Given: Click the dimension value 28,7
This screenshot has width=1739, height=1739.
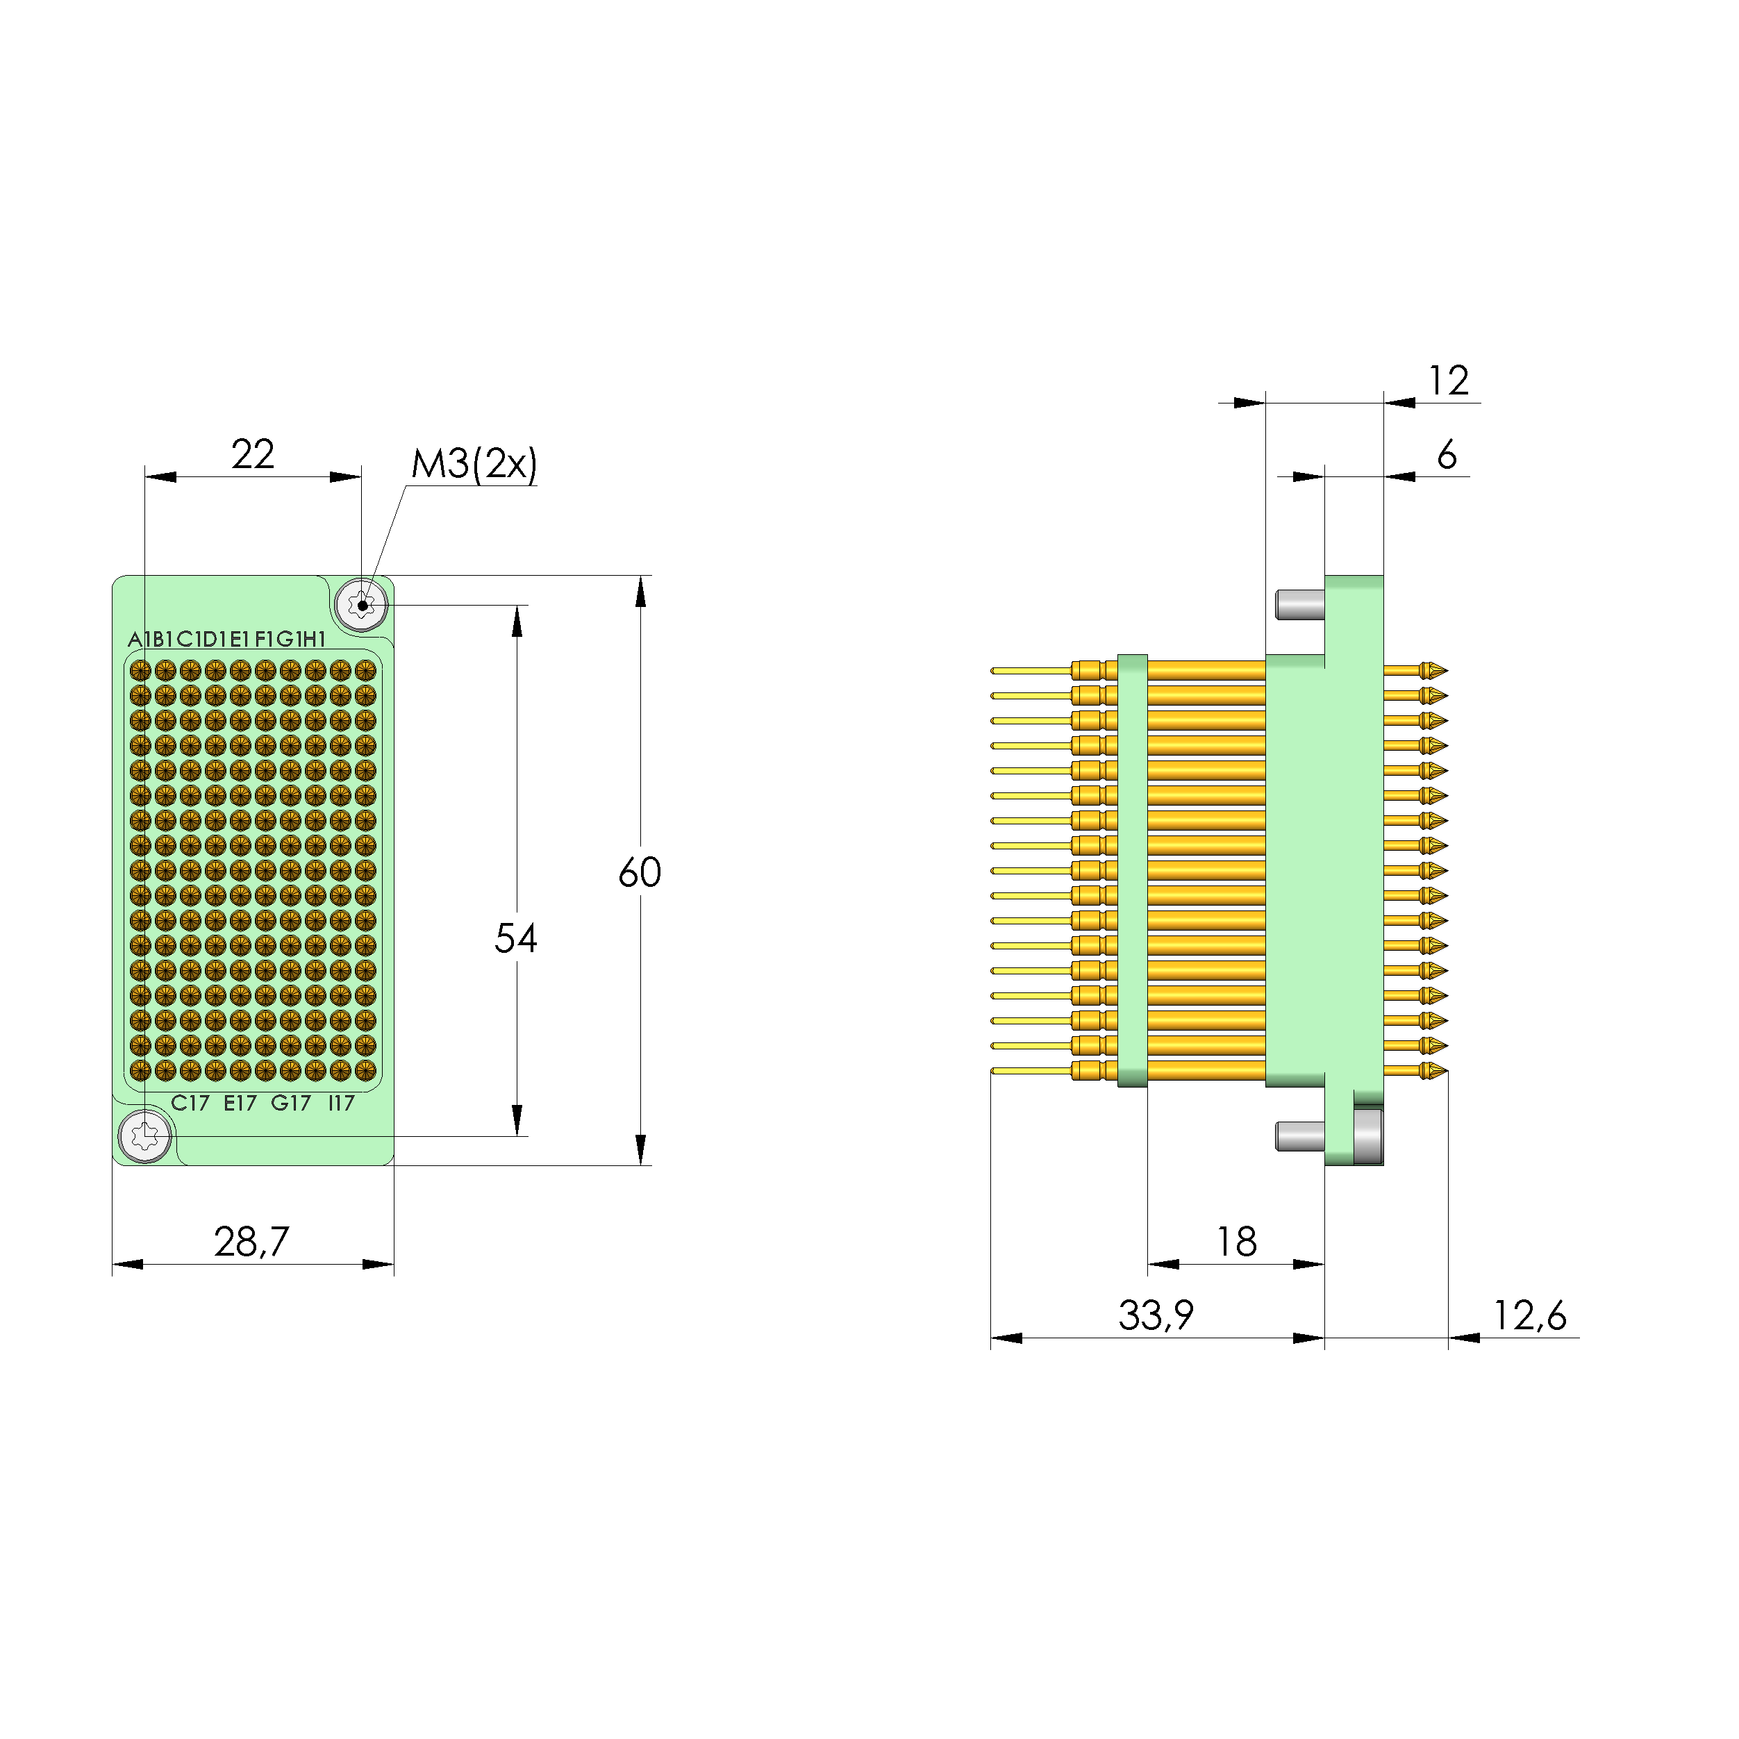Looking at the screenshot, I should coord(251,1242).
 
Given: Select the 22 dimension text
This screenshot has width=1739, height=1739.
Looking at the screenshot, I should coord(252,455).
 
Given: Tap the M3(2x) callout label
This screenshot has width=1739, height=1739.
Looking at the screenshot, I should coord(474,465).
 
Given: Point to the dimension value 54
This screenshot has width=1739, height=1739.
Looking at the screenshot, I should coord(516,939).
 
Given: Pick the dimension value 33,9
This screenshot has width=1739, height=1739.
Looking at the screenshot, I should coord(1156,1316).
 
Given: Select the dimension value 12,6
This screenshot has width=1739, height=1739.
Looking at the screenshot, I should coord(1529,1316).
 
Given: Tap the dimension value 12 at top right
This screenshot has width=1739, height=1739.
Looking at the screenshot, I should coord(1448,381).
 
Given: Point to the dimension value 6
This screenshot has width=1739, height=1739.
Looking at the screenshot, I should coord(1447,456).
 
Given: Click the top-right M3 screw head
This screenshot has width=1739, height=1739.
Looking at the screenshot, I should coord(362,605).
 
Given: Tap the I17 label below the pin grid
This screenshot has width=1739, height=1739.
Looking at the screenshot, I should coord(341,1104).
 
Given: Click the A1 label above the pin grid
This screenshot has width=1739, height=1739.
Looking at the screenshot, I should coord(137,640).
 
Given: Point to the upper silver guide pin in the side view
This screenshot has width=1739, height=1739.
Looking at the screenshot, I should coord(1299,605).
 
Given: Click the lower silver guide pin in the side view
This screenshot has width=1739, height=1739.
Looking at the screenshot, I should coord(1299,1136).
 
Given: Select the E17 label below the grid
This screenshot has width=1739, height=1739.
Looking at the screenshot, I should coord(240,1104).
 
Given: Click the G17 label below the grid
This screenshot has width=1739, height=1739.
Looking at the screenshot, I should coord(291,1104).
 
